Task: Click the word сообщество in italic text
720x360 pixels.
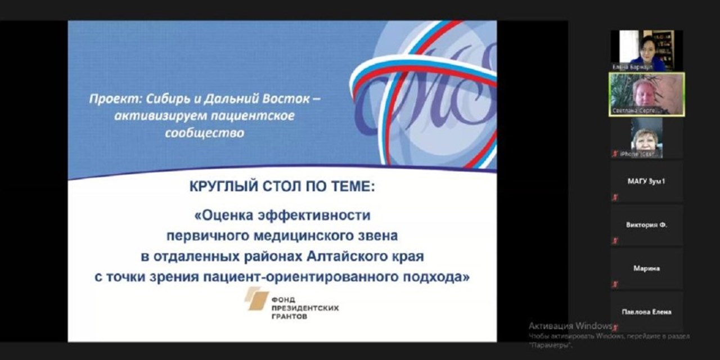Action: (x=205, y=133)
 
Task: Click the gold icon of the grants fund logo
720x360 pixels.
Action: (x=256, y=299)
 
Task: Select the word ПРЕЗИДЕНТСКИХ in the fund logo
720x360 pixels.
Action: (x=305, y=308)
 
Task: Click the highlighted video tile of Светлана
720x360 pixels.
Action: (x=646, y=93)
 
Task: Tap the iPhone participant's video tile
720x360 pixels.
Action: (x=646, y=137)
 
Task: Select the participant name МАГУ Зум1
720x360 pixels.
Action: (x=646, y=181)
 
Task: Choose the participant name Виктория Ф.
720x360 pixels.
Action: (x=646, y=224)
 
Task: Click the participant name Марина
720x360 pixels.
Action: (x=646, y=268)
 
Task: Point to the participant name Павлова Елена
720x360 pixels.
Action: (x=646, y=312)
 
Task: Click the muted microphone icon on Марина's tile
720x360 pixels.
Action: (x=615, y=285)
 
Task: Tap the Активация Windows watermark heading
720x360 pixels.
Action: (x=570, y=326)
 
